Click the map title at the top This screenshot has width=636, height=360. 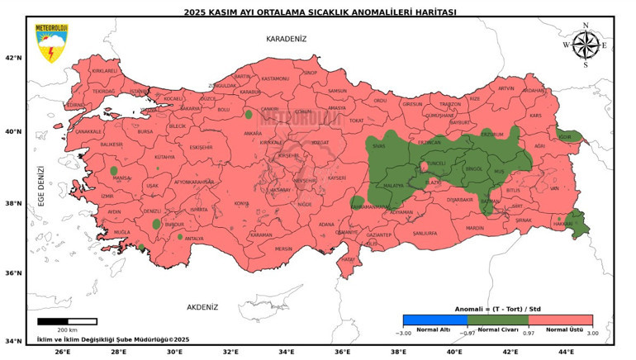pos(319,12)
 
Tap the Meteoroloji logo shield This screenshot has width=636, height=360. pos(50,44)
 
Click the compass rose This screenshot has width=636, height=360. pos(585,45)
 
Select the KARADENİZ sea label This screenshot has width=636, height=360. pos(286,38)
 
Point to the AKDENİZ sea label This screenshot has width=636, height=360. pos(202,306)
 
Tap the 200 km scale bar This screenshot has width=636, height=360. pos(67,321)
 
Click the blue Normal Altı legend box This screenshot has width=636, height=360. pos(434,320)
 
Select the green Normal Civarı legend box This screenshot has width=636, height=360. pos(497,320)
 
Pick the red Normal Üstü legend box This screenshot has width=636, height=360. pos(560,320)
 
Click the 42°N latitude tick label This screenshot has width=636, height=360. pos(14,58)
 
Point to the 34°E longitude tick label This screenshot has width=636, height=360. pos(287,351)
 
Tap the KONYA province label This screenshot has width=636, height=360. pos(241,203)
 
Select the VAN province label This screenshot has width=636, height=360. pos(554,188)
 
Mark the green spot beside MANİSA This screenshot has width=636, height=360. pos(114,171)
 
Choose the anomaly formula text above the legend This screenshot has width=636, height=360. pos(497,308)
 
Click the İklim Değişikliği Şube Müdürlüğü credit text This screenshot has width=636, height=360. pos(113,339)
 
